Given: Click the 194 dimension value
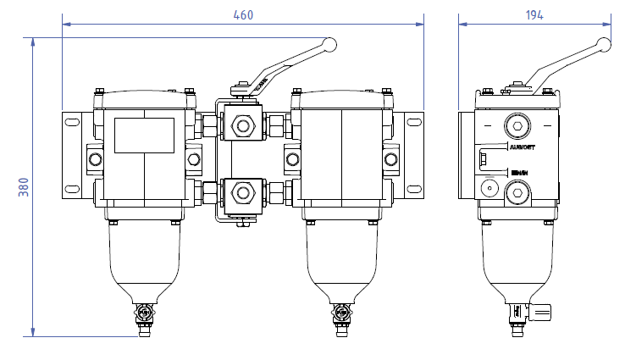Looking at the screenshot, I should (x=534, y=14).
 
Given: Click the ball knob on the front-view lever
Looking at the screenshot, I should (x=330, y=44).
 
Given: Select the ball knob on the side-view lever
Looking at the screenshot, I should (x=604, y=45).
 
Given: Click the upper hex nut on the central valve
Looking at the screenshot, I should (x=245, y=127).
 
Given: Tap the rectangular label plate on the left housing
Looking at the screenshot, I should (x=144, y=136).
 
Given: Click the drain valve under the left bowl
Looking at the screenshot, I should (x=144, y=314).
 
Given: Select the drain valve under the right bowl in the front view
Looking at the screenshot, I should (x=341, y=314).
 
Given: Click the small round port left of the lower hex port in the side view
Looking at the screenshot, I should (x=488, y=187).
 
